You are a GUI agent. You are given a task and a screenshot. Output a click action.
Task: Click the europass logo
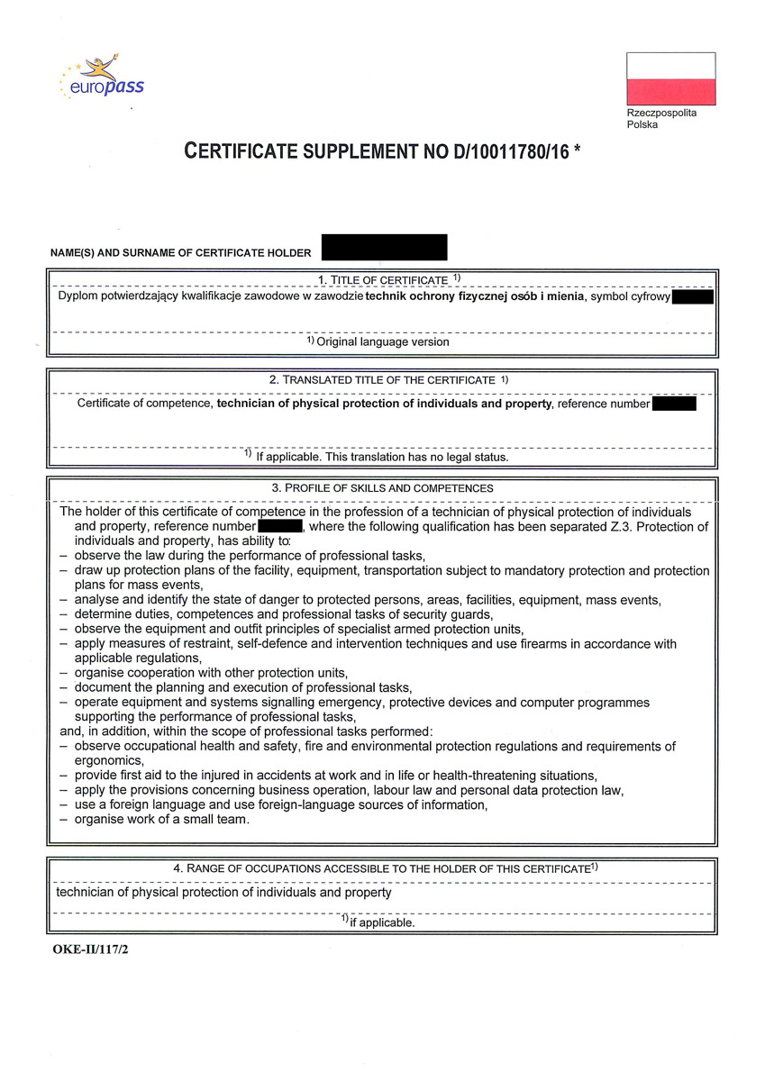[101, 79]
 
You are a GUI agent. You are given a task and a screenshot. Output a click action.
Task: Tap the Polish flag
[670, 78]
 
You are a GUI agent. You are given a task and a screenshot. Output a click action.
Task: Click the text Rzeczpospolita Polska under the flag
[661, 119]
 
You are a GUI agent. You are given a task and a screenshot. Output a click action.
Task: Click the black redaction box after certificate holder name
[384, 248]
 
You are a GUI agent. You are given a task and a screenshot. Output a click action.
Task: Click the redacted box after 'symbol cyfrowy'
[692, 296]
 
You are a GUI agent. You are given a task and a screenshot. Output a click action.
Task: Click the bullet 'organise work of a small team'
[162, 819]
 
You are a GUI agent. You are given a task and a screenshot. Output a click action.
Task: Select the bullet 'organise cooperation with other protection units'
[211, 673]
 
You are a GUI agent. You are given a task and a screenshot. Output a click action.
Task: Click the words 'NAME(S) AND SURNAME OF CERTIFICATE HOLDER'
[180, 253]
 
